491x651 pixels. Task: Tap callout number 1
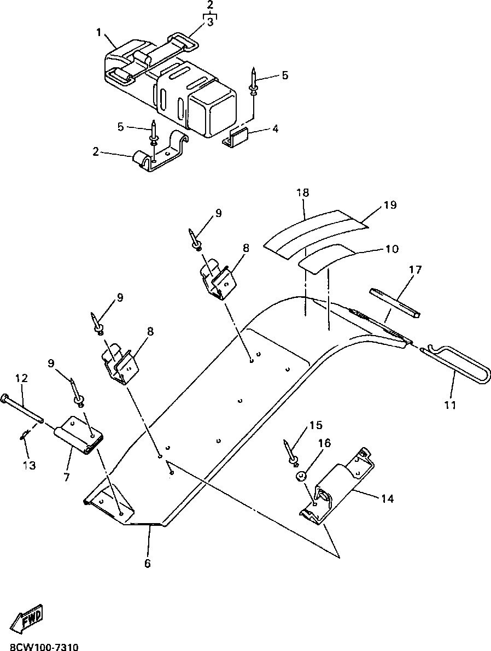pyautogui.click(x=99, y=33)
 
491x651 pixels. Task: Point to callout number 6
pyautogui.click(x=148, y=563)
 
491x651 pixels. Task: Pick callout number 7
pyautogui.click(x=66, y=477)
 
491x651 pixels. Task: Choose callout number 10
pyautogui.click(x=391, y=249)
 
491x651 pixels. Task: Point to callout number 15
pyautogui.click(x=315, y=425)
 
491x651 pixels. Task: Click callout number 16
pyautogui.click(x=324, y=443)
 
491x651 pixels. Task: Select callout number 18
pyautogui.click(x=303, y=192)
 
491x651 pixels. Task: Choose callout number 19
pyautogui.click(x=390, y=205)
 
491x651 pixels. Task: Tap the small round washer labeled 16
pyautogui.click(x=300, y=477)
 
